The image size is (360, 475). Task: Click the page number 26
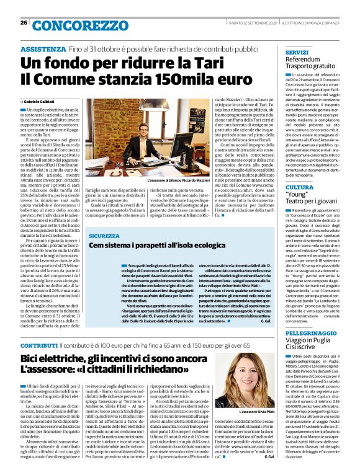[23, 23]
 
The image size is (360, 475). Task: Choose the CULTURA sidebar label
[299, 186]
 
